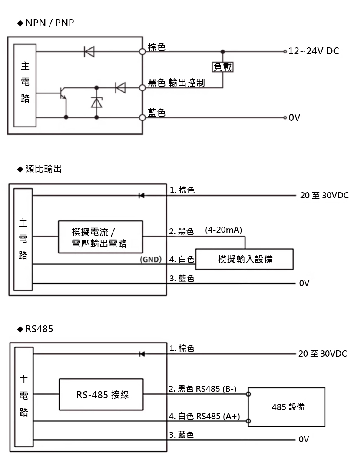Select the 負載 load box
click(x=222, y=67)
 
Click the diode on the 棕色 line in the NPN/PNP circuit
click(x=89, y=52)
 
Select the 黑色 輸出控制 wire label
click(x=176, y=83)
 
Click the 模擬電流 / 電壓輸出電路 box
click(x=100, y=237)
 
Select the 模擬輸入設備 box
click(x=245, y=259)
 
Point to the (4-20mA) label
click(x=223, y=230)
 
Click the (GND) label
click(x=151, y=260)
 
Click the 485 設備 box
click(x=286, y=407)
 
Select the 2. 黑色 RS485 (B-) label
click(x=202, y=389)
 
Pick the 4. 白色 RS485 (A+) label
click(x=204, y=416)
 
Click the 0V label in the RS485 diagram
click(x=304, y=440)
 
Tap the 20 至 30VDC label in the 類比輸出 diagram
click(x=324, y=196)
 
